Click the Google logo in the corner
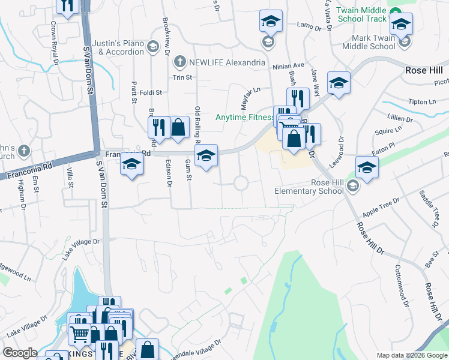tap(19, 353)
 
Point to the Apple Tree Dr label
tap(381, 208)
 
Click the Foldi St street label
tap(151, 92)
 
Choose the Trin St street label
tap(182, 77)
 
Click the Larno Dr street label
tap(310, 25)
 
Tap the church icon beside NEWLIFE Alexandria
tap(178, 62)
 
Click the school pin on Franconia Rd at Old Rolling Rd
tap(205, 156)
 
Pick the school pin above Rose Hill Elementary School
tap(367, 167)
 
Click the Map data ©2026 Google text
tap(412, 355)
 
